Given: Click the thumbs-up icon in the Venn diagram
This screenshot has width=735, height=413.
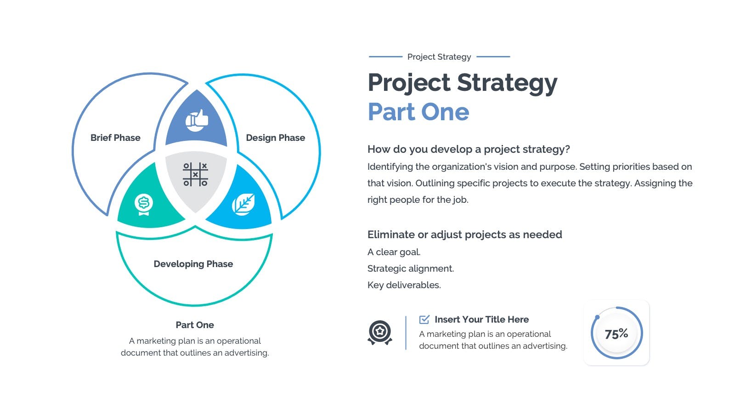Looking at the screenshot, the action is pos(197,120).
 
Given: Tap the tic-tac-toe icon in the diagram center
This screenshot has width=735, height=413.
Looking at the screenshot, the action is pos(195,174).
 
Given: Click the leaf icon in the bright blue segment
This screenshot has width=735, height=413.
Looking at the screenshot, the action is pos(243,204).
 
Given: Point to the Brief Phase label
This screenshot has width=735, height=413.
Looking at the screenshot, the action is pos(115,138).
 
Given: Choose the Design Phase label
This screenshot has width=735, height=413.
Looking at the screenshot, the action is pos(276,138).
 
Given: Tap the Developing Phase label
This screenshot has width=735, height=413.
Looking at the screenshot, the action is pos(193,264).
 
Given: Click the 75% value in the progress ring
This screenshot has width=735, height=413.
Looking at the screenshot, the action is pos(616,334).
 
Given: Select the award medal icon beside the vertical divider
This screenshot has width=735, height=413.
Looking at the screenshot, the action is pos(380,333).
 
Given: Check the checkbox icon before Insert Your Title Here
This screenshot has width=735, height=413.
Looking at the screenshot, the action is pos(424,319).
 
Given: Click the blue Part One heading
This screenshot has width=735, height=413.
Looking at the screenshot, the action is pos(418,112).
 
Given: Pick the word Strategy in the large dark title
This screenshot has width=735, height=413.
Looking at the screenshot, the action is pos(507,83).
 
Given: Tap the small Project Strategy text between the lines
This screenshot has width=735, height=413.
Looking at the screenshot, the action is pos(439,57).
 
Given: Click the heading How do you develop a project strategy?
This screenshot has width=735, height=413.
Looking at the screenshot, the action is pos(469,149).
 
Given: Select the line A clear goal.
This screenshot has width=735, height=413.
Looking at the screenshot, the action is pos(394,252).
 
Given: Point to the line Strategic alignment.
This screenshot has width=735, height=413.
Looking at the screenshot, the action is pos(411,268).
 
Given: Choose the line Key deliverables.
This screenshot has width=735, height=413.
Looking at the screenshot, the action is pos(404,285).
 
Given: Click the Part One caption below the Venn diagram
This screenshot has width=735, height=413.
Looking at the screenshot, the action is pos(195,325).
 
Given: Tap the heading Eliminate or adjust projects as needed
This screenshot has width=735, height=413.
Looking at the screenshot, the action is pos(464,234).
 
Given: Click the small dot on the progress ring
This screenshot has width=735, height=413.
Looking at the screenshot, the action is pos(597,317).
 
